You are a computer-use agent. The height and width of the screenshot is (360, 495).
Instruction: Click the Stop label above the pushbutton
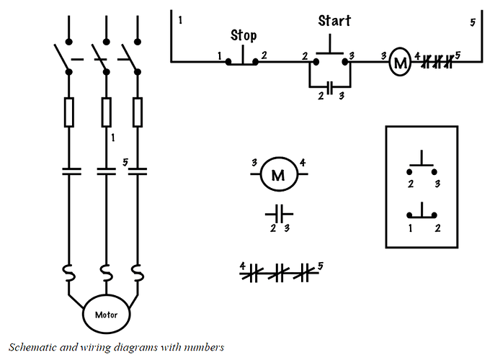[244, 35]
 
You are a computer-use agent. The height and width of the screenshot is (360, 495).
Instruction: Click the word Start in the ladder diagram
[334, 21]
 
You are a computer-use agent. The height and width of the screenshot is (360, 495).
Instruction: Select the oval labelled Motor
[106, 314]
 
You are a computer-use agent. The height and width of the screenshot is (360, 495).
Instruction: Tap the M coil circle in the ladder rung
[400, 61]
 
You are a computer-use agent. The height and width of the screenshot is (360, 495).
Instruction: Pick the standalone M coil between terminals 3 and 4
[279, 174]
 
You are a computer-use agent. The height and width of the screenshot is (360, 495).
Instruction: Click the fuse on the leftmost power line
[69, 112]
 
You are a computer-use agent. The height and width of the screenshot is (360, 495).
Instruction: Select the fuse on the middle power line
[107, 112]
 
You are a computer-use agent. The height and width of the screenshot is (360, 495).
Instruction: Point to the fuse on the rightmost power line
[138, 112]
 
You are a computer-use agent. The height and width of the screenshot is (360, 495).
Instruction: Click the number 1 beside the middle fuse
[113, 138]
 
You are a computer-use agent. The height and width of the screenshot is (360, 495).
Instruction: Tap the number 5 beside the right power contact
[125, 162]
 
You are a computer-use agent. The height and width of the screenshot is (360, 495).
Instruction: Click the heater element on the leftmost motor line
[69, 273]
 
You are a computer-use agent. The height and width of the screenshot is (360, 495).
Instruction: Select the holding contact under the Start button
[329, 87]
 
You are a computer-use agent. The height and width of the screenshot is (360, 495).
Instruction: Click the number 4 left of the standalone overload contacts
[242, 266]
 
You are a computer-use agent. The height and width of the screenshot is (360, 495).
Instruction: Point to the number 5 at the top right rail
[473, 22]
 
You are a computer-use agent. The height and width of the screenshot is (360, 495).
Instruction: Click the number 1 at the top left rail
[180, 20]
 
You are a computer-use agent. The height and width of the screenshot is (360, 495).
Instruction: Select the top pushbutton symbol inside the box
[422, 163]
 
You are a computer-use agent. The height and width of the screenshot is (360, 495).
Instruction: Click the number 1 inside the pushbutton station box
[410, 228]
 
